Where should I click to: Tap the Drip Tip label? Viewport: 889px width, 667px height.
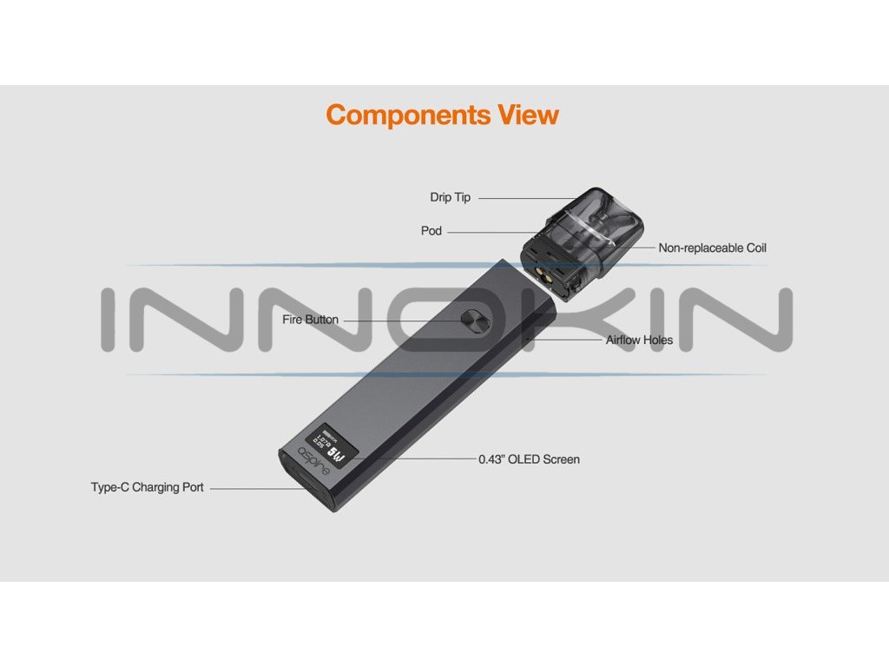pyautogui.click(x=450, y=197)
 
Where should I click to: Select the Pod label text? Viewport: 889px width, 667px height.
pyautogui.click(x=431, y=231)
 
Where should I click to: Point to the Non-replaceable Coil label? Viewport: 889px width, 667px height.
pyautogui.click(x=712, y=248)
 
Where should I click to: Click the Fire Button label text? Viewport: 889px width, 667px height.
pyautogui.click(x=310, y=320)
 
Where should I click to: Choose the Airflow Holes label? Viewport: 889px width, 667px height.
pyautogui.click(x=639, y=340)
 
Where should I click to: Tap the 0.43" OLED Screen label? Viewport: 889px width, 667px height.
pyautogui.click(x=529, y=459)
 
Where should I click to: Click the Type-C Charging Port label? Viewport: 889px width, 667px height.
pyautogui.click(x=148, y=487)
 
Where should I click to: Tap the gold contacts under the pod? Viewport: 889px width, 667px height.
pyautogui.click(x=549, y=272)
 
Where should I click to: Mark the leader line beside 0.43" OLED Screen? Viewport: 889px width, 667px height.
pyautogui.click(x=425, y=459)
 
